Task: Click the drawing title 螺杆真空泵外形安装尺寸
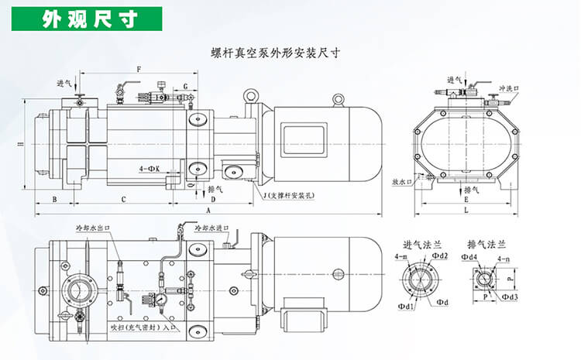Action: [x=276, y=53]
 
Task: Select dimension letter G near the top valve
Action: [x=186, y=86]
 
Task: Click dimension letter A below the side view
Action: [x=208, y=209]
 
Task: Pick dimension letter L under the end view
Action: [x=466, y=209]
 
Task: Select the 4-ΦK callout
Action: [x=149, y=167]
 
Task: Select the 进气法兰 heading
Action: [x=419, y=244]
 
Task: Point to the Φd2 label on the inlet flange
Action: [x=440, y=255]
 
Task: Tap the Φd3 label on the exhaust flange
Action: [x=509, y=296]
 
